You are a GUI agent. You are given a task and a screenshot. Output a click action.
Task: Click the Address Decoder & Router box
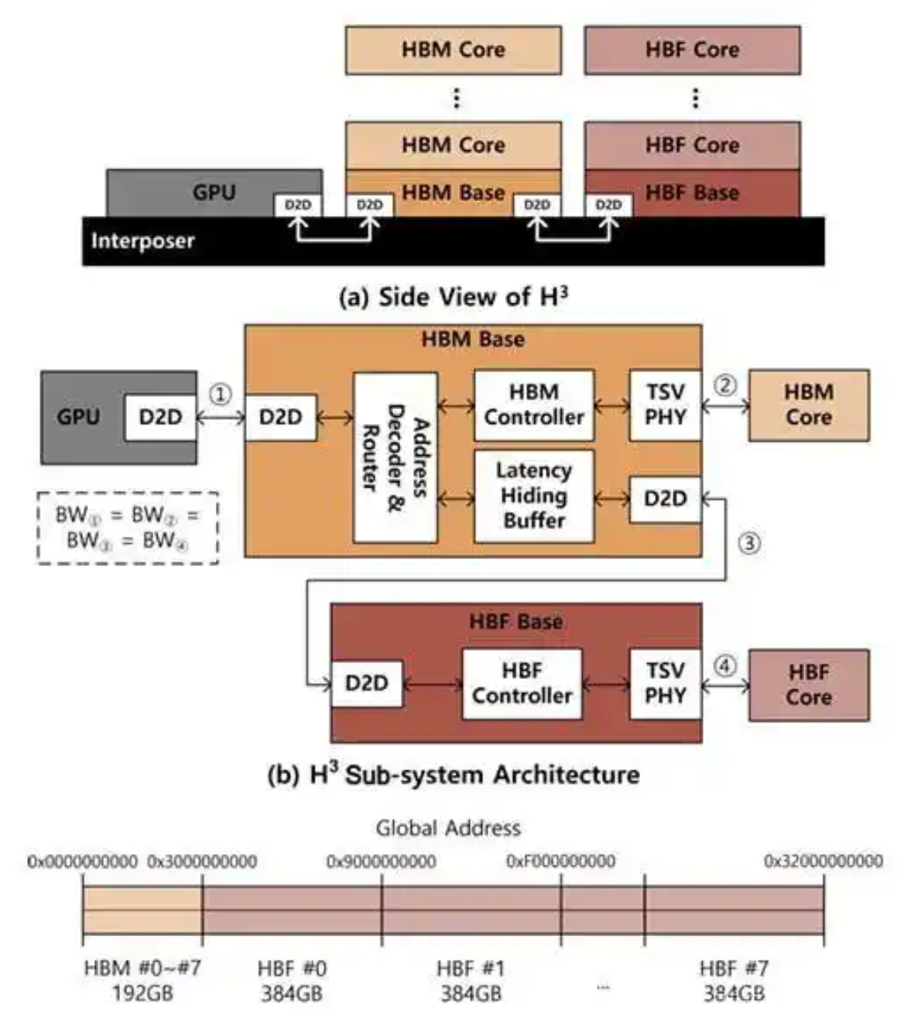tap(395, 457)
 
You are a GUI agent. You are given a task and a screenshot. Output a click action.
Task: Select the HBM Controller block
tap(534, 405)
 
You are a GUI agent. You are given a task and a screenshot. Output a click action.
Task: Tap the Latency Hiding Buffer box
tap(534, 495)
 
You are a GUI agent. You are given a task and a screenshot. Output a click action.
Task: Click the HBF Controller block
tap(522, 683)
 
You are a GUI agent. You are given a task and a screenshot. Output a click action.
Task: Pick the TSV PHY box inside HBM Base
tap(665, 405)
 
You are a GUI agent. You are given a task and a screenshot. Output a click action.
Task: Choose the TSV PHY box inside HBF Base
tap(665, 683)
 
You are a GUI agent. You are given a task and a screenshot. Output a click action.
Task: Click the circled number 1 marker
tap(221, 395)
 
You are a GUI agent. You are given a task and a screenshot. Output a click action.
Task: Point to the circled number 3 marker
tap(748, 544)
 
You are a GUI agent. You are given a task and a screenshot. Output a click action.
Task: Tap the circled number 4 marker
tap(724, 665)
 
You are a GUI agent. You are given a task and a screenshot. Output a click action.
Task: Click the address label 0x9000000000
tap(381, 861)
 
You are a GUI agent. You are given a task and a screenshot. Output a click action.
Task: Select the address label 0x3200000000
tap(823, 861)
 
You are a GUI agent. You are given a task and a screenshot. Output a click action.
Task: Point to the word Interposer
tap(142, 241)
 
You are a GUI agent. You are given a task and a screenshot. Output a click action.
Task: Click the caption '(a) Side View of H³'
tap(454, 296)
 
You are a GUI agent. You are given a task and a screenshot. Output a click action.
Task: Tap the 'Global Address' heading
tap(448, 828)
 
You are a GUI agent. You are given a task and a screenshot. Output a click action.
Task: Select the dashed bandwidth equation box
tap(128, 528)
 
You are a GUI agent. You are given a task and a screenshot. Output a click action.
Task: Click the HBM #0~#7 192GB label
tap(142, 979)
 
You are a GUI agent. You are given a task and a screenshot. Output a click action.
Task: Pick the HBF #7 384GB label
tap(734, 979)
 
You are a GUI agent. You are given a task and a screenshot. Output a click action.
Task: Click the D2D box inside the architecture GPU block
tap(160, 417)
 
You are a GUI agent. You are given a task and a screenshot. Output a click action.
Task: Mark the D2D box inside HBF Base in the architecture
tap(366, 683)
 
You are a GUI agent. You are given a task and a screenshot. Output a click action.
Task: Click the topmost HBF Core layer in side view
tap(692, 50)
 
